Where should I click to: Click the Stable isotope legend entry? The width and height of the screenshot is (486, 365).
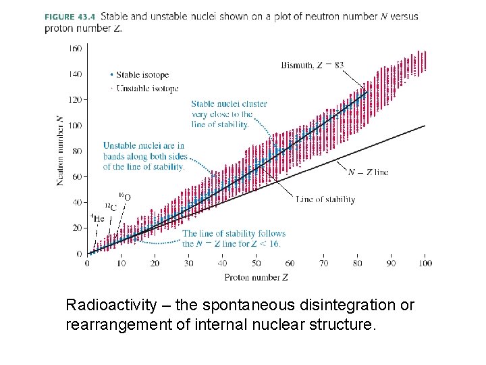(x=142, y=75)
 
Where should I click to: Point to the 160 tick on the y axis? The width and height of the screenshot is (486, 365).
(x=75, y=48)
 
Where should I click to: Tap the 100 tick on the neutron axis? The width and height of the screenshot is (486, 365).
(x=75, y=125)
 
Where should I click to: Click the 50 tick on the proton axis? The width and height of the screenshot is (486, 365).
(x=256, y=264)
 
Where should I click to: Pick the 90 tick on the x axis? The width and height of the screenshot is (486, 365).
(x=391, y=264)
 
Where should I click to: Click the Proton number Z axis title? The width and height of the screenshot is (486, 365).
(x=256, y=276)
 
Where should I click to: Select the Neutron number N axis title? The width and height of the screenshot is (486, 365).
(x=61, y=150)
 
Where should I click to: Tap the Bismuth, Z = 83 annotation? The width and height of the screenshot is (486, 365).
(x=312, y=66)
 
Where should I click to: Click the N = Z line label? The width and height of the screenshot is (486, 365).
(x=368, y=172)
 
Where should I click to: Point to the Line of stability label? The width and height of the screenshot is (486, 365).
(x=325, y=199)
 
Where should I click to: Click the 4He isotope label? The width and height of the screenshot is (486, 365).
(x=97, y=218)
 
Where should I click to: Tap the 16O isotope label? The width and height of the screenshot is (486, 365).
(x=125, y=196)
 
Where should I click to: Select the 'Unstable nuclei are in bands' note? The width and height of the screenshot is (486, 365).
(x=144, y=156)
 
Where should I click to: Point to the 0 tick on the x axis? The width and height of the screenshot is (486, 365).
(x=87, y=264)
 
